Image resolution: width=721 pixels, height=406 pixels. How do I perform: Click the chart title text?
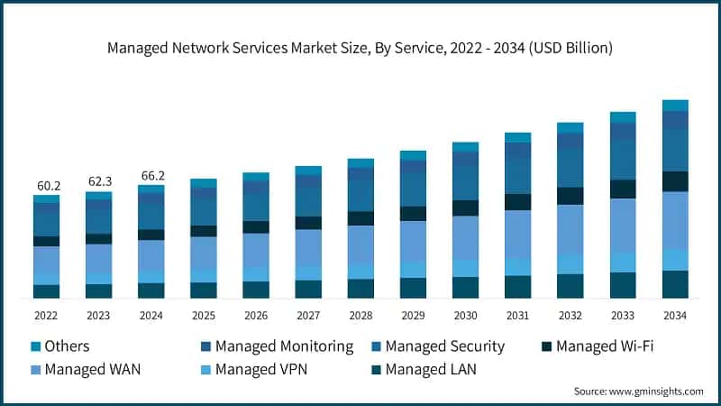pyautogui.click(x=360, y=47)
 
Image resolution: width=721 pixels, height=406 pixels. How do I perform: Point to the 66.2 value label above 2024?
pyautogui.click(x=151, y=175)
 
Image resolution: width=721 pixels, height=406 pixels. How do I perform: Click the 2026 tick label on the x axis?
pyautogui.click(x=255, y=316)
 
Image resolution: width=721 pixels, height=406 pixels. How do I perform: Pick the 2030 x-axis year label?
pyautogui.click(x=465, y=316)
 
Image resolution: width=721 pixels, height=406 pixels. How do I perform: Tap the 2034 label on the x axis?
pyautogui.click(x=675, y=316)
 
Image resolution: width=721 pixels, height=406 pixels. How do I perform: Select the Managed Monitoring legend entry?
pyautogui.click(x=275, y=346)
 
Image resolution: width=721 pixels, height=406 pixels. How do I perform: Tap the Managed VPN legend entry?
pyautogui.click(x=266, y=369)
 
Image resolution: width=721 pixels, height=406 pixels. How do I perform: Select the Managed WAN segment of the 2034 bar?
pyautogui.click(x=675, y=220)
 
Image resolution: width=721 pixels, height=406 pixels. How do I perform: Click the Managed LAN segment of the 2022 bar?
pyautogui.click(x=46, y=291)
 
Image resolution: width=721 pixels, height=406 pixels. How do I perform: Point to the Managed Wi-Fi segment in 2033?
pyautogui.click(x=623, y=189)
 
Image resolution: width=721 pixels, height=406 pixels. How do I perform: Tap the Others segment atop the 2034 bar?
pyautogui.click(x=675, y=106)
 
